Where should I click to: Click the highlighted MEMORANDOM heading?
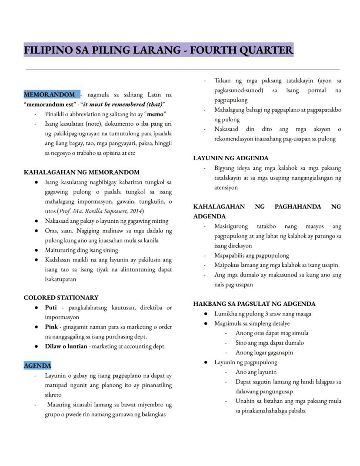coord(49,94)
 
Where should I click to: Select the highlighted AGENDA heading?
coord(37,365)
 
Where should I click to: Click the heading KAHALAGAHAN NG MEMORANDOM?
coord(82,172)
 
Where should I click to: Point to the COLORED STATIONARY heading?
coord(61,298)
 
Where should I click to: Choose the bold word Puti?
coord(51,308)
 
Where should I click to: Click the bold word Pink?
coord(51,327)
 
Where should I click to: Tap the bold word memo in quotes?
coord(155,114)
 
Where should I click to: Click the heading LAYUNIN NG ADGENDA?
coord(231,158)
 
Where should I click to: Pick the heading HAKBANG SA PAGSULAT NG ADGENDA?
coord(254,304)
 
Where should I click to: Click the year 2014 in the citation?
coord(134,211)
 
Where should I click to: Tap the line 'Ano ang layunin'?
coord(256,372)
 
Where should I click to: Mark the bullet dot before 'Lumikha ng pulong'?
coord(206,314)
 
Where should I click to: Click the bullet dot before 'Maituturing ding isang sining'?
coord(37,250)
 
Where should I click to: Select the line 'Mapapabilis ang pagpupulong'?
coord(251,255)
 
